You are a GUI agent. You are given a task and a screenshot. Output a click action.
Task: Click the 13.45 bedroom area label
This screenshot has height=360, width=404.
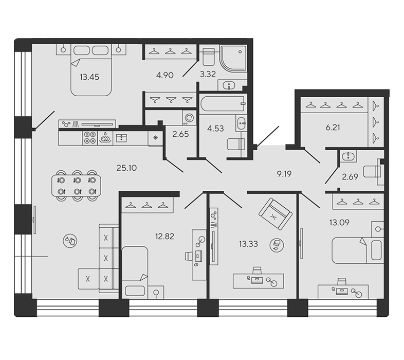tap(89, 77)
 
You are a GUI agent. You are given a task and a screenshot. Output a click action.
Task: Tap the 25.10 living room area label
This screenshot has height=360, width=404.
tap(126, 168)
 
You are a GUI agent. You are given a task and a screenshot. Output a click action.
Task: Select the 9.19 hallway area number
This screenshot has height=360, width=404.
tap(284, 174)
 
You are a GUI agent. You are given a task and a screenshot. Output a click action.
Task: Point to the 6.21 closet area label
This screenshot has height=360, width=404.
tap(333, 128)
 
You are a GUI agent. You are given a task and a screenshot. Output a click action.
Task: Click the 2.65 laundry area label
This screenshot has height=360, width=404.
tap(180, 134)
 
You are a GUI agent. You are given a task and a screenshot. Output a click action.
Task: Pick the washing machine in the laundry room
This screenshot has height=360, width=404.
tap(189, 118)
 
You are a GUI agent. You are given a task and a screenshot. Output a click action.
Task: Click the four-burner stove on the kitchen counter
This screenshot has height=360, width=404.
tap(90, 138)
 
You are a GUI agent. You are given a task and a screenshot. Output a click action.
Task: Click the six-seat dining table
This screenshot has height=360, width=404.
tap(76, 186)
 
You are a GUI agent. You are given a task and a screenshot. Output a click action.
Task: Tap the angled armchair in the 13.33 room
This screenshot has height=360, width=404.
tap(275, 214)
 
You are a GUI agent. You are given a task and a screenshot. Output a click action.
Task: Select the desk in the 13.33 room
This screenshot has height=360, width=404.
tap(258, 281)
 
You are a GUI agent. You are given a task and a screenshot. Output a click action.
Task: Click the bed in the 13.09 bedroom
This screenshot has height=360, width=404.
tap(358, 250)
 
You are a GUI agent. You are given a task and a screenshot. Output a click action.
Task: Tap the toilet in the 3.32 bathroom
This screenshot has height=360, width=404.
tap(209, 57)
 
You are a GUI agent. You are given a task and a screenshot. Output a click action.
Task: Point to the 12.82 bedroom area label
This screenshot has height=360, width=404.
tap(164, 236)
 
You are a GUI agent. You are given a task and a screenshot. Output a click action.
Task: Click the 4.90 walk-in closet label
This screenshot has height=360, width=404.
tap(165, 75)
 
